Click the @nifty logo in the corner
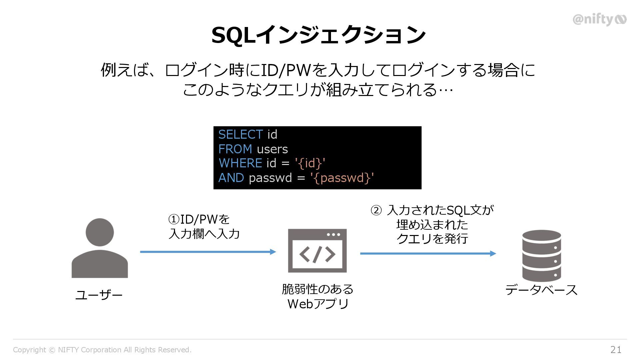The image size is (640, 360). click(x=599, y=20)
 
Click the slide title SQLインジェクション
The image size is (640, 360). click(x=318, y=35)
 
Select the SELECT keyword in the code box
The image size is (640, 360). click(x=240, y=134)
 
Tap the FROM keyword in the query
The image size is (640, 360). click(x=235, y=149)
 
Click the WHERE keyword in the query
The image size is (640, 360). click(x=240, y=163)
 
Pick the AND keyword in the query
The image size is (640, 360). click(x=231, y=178)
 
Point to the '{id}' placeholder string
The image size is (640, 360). click(x=310, y=163)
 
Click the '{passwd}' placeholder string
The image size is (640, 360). click(x=342, y=178)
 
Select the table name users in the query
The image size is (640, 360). click(x=272, y=149)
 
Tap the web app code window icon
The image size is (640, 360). click(x=317, y=251)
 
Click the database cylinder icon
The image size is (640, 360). click(x=542, y=256)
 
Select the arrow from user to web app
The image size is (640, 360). click(x=208, y=252)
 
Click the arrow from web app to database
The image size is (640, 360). click(x=428, y=254)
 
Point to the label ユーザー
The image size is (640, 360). click(x=99, y=295)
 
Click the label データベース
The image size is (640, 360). click(x=541, y=290)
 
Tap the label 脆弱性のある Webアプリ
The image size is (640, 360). click(x=318, y=296)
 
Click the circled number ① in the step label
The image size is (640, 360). click(x=174, y=220)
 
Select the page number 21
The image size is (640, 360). click(x=616, y=350)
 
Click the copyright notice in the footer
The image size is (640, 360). click(x=102, y=350)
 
